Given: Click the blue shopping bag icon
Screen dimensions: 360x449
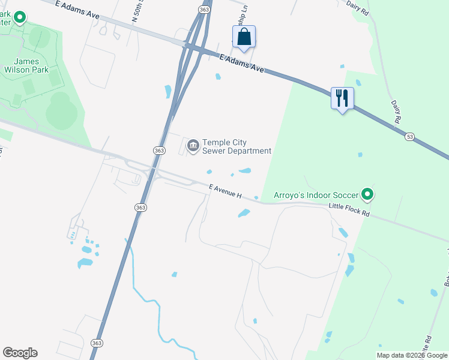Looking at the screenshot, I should tap(244, 37).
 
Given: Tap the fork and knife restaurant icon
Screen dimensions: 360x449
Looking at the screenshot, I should tap(342, 98).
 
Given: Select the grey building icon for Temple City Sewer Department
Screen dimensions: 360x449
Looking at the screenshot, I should tap(193, 146).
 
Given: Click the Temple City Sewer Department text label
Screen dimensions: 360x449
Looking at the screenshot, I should tap(237, 146).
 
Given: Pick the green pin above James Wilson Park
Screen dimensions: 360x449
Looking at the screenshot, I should tap(20, 17).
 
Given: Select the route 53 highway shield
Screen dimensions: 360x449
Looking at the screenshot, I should tap(409, 137).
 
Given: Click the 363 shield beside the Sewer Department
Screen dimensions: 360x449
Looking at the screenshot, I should tap(159, 151).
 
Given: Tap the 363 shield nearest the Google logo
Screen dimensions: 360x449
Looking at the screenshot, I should tap(97, 342).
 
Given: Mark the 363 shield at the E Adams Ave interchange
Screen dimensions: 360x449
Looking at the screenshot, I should tap(205, 10).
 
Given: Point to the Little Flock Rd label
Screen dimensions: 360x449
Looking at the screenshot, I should tap(349, 210).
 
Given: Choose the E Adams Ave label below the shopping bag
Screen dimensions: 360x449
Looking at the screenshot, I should tap(242, 63).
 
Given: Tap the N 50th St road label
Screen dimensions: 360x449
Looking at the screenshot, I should tap(134, 10).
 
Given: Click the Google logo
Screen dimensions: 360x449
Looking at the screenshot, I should tap(20, 353).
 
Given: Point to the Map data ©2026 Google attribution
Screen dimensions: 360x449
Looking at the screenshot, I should tap(412, 355).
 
